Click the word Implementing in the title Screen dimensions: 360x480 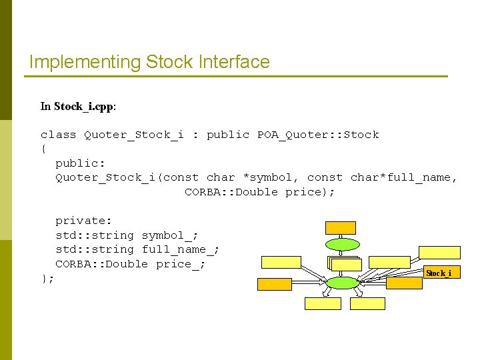[x=85, y=63]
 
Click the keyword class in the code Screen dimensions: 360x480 [x=58, y=135]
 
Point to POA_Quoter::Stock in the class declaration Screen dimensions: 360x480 [x=318, y=135]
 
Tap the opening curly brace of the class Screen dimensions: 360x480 [x=43, y=149]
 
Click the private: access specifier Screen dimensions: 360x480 [x=83, y=221]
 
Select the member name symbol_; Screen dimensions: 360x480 [x=170, y=235]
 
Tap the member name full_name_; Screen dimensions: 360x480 [x=181, y=249]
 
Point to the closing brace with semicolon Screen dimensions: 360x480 [x=47, y=278]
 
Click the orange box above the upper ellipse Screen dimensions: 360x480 [x=341, y=227]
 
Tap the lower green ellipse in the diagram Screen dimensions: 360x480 [x=343, y=283]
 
